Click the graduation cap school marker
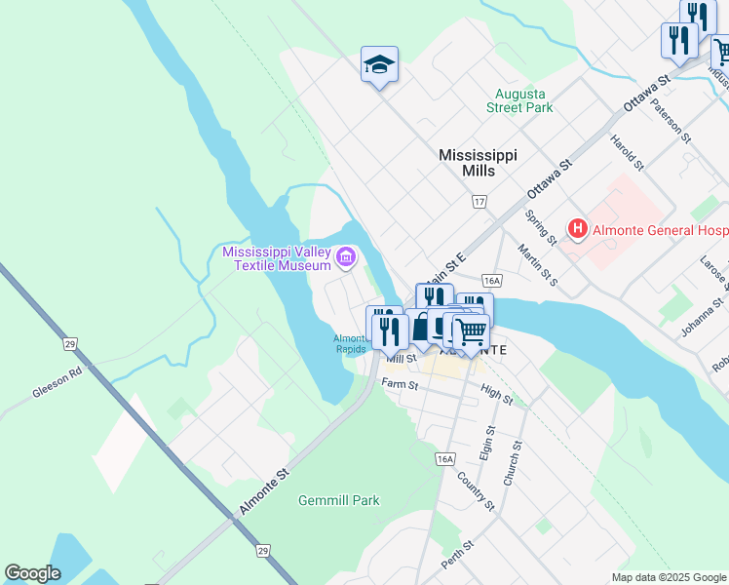380,65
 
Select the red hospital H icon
578,230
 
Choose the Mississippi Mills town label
478,163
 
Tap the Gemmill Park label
338,500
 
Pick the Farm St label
400,385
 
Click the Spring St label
540,228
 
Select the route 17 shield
479,202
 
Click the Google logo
33,573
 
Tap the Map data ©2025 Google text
668,577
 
